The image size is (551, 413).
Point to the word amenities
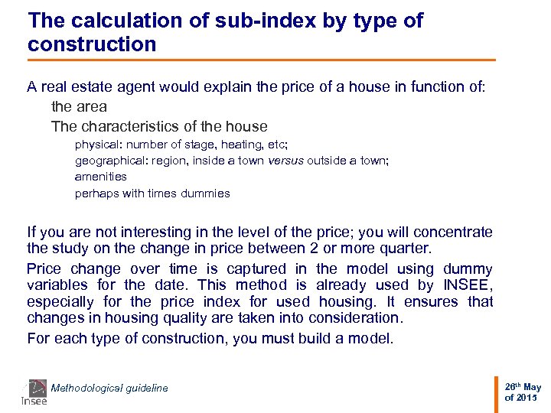point(101,177)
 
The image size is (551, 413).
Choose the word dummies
point(205,193)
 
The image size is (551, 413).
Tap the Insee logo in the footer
point(34,392)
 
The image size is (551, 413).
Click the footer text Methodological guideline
point(109,389)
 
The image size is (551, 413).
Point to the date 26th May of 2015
point(523,392)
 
